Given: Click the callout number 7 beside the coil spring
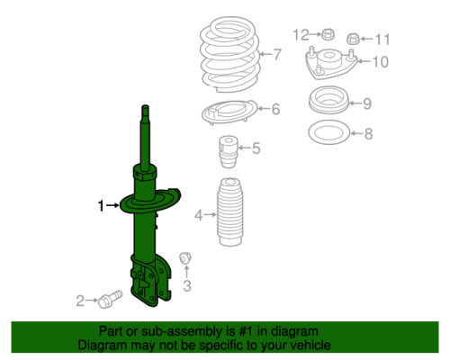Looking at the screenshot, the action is click(277, 54).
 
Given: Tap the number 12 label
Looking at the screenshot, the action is click(301, 35).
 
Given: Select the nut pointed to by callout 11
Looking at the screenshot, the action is click(353, 39).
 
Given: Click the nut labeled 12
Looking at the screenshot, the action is click(328, 34).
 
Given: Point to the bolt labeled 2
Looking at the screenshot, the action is click(110, 299).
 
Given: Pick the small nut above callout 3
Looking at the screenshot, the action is click(185, 258).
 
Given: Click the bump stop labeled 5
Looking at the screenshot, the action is click(229, 152).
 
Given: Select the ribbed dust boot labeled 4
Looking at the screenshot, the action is click(229, 212).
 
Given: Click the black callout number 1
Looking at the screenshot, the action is click(101, 206).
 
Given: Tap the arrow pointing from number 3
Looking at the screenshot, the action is click(186, 272).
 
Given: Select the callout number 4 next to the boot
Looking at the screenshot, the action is click(199, 215).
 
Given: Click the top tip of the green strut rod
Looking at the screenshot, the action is click(145, 105).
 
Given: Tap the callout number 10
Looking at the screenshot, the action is click(381, 62).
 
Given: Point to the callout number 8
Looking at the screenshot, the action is click(369, 134).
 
